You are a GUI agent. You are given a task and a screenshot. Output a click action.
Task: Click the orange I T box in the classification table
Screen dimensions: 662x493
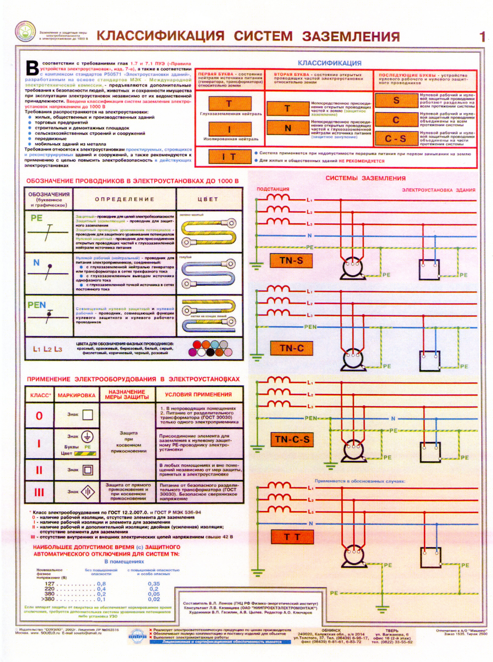230,157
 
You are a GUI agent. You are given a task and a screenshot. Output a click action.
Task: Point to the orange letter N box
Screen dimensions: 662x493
288,128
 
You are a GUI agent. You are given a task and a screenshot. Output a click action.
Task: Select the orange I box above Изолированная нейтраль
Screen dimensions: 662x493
230,129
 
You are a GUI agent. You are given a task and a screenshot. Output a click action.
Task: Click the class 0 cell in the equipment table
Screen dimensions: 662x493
39,415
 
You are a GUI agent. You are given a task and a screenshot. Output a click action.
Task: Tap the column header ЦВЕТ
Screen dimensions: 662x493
208,199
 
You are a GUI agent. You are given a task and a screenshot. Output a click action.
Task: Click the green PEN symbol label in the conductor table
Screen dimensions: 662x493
37,305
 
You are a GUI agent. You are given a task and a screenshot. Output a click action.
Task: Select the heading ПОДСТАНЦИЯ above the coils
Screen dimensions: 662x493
273,189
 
